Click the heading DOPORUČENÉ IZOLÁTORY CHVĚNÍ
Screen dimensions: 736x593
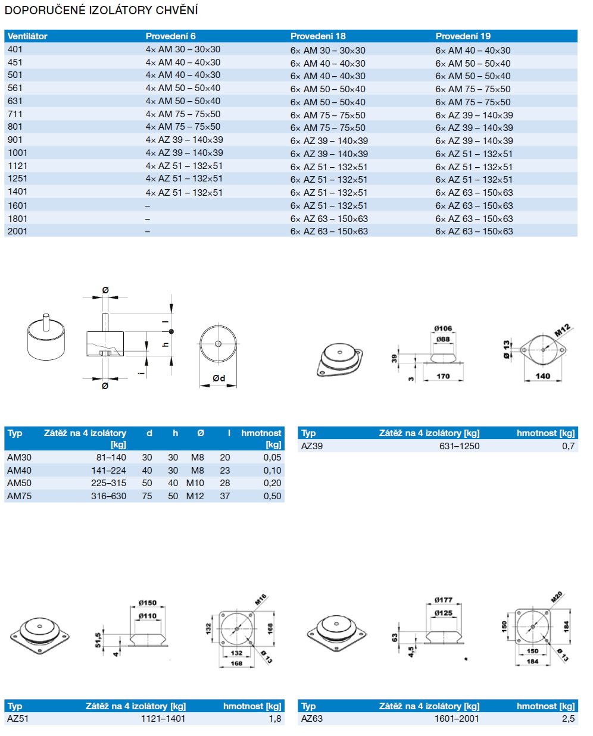[101, 10]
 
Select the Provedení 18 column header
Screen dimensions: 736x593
[318, 36]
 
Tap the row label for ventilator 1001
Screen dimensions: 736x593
[17, 153]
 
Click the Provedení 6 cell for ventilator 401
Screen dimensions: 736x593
[183, 49]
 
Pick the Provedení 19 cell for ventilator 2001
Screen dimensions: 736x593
[473, 231]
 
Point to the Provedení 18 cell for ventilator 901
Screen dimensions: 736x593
[329, 141]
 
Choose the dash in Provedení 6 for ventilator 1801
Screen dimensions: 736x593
[148, 219]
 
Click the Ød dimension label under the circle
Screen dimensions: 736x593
[219, 378]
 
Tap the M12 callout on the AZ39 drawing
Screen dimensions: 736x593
[563, 330]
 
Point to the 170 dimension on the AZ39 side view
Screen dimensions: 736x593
[443, 376]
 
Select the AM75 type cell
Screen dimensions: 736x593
[19, 496]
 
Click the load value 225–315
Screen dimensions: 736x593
[108, 483]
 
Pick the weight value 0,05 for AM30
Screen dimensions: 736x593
[272, 458]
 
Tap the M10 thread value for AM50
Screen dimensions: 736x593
[195, 483]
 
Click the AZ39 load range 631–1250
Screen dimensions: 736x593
[459, 446]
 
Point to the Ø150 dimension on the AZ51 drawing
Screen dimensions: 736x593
[147, 603]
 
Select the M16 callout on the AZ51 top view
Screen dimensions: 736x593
[261, 599]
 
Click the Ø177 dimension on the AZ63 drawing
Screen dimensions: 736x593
[443, 600]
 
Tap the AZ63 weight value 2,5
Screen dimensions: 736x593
[568, 719]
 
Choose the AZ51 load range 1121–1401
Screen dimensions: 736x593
[163, 719]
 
